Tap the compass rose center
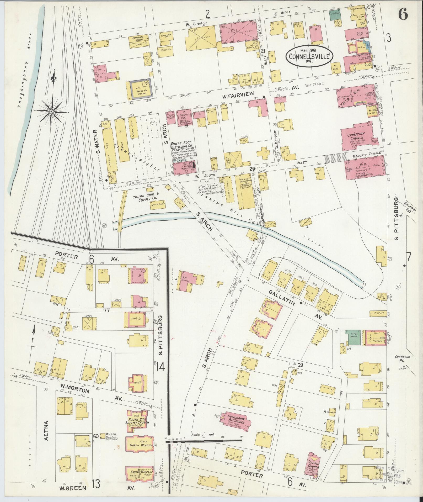click(x=52, y=112)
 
